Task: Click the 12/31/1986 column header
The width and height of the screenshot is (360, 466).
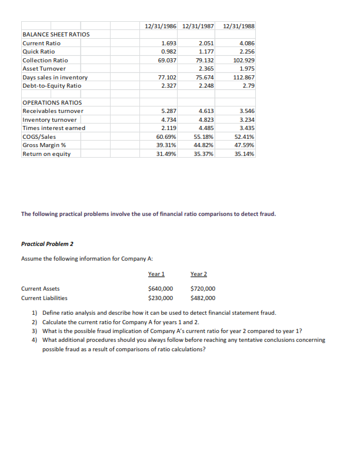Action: [161, 26]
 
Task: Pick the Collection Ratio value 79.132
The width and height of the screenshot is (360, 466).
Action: [205, 60]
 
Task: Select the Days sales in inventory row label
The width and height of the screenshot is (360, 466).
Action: [55, 78]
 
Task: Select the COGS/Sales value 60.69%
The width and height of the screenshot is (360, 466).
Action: [167, 137]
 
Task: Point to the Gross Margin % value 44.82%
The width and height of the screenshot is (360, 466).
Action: [204, 145]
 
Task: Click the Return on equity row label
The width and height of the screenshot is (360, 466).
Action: [46, 154]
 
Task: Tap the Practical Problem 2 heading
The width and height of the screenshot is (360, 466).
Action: [48, 243]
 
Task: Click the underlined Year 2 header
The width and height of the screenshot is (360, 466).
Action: [199, 274]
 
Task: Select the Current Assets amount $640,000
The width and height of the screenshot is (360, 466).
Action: [161, 288]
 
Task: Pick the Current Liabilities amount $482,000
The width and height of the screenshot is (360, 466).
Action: [203, 298]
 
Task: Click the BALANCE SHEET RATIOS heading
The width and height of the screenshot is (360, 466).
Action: [56, 35]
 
